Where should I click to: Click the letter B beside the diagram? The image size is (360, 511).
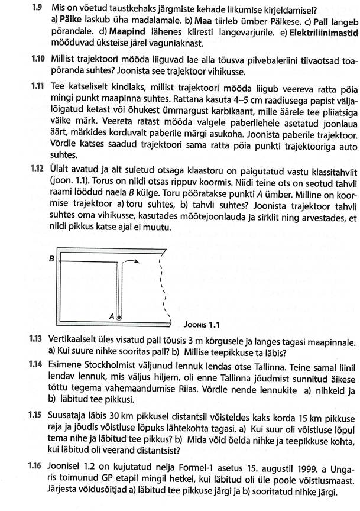point(52,259)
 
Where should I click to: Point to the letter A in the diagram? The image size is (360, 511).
point(112,316)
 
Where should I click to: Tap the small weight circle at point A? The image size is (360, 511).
point(119,318)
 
